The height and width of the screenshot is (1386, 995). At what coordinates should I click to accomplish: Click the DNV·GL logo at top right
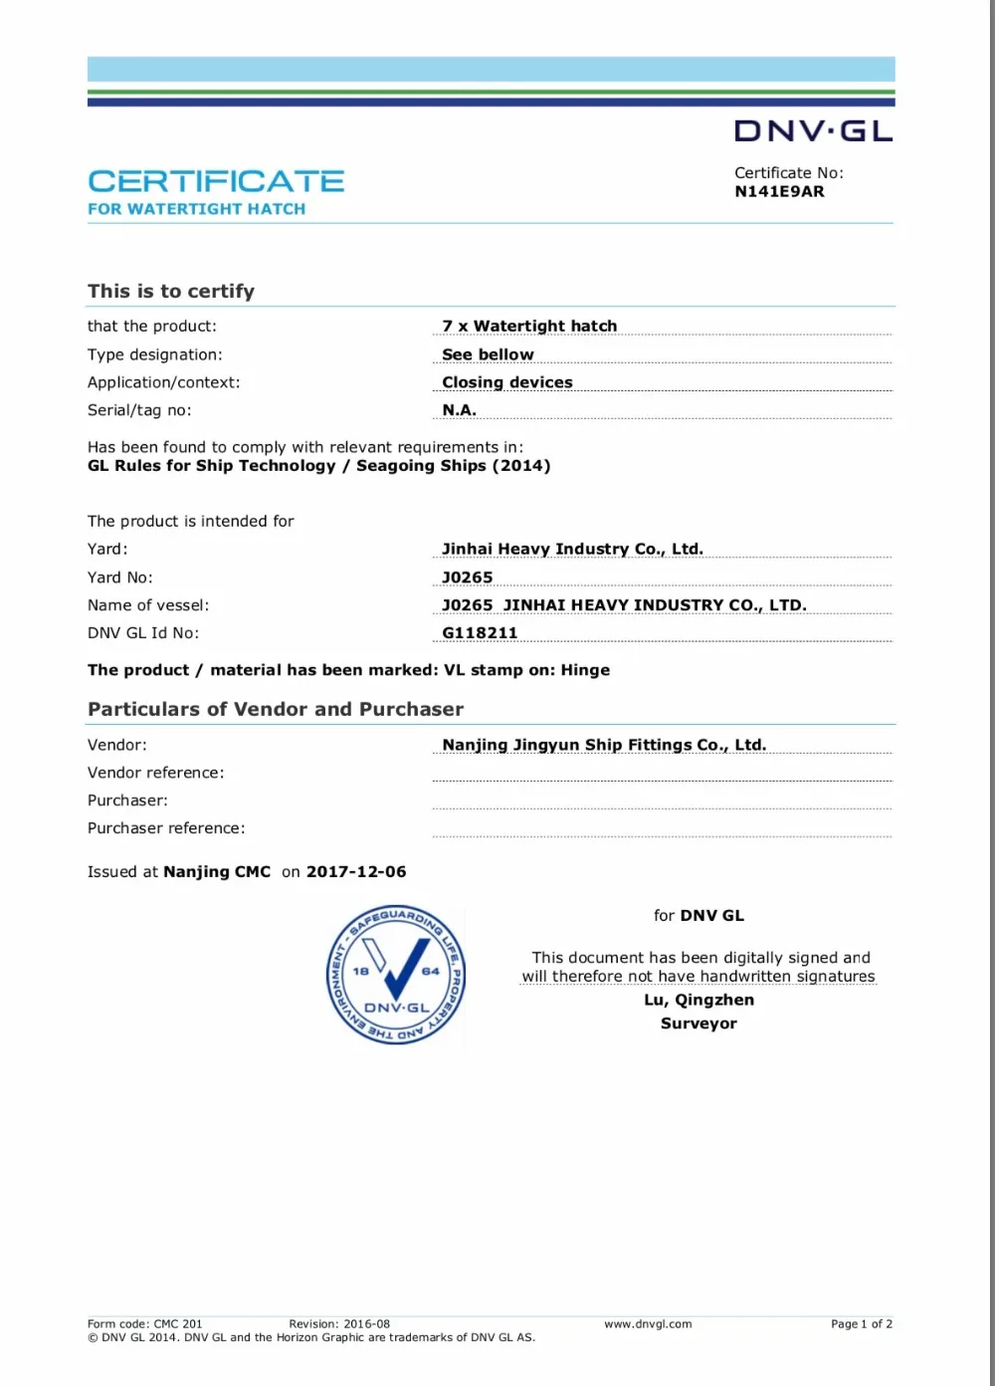[813, 131]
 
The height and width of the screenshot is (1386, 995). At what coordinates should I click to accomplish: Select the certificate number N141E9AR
[779, 191]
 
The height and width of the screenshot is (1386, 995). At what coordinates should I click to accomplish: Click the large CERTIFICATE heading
[216, 181]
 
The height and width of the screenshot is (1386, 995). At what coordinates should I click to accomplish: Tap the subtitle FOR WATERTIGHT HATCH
[196, 209]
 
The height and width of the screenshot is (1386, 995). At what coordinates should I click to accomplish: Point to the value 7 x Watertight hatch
[529, 326]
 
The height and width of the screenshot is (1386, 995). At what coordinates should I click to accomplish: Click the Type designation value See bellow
[488, 354]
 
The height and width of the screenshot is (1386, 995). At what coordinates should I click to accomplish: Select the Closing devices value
[507, 382]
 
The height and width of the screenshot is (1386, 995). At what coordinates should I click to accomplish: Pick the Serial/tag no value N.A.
[459, 410]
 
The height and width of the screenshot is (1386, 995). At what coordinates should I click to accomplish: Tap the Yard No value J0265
[467, 577]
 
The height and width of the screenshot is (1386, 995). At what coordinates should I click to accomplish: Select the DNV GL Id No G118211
[480, 633]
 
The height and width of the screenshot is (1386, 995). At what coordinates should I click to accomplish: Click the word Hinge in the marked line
[585, 670]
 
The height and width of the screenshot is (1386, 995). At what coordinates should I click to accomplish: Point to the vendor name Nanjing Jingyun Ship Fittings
[604, 745]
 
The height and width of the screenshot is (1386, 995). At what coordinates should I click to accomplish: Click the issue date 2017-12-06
[356, 871]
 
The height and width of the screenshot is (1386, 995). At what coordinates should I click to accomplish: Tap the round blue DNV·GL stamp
[395, 976]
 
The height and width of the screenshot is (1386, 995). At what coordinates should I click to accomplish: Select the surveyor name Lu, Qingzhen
[698, 1000]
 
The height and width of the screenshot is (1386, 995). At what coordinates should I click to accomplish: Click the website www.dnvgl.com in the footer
[648, 1324]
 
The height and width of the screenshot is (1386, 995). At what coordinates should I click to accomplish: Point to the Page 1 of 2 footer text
[862, 1324]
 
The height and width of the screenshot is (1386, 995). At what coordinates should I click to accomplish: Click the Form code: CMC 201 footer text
[144, 1324]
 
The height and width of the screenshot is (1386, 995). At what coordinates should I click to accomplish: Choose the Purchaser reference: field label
[166, 828]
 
